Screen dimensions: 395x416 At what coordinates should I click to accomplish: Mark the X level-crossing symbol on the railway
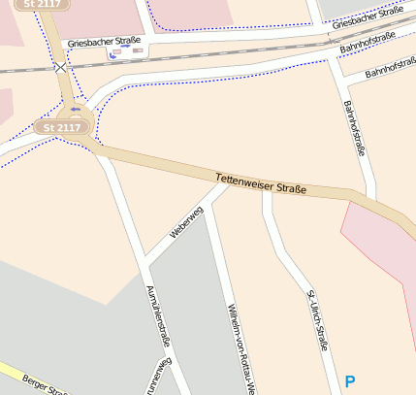coord(61,68)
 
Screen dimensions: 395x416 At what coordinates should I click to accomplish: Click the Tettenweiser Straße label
coord(260,182)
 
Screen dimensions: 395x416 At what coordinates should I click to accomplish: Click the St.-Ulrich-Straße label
coord(316,320)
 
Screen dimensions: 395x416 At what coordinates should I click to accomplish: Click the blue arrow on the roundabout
coord(76,109)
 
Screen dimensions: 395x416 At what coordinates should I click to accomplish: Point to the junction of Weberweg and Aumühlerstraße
coord(144,260)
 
